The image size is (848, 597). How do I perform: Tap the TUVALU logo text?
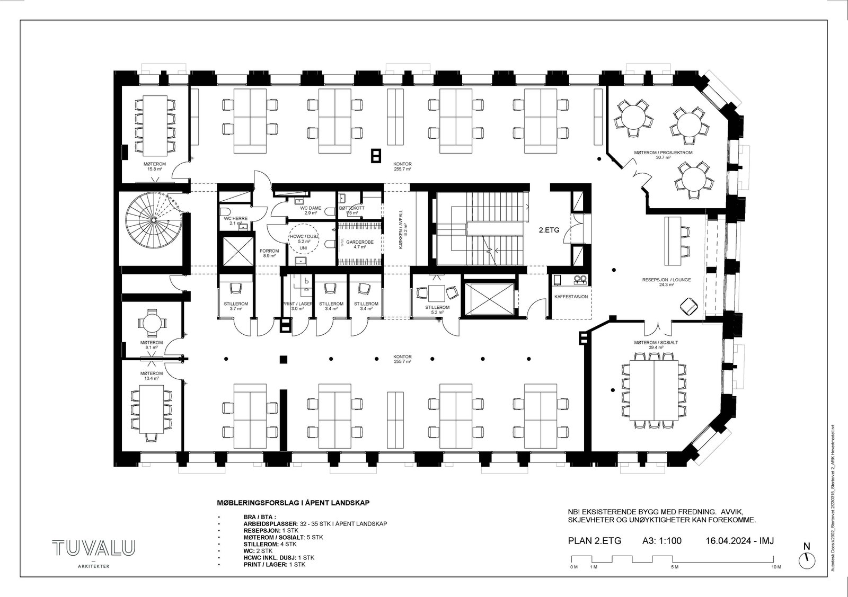click(93, 548)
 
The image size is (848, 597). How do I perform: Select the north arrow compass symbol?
click(807, 558)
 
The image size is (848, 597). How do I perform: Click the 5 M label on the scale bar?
click(674, 567)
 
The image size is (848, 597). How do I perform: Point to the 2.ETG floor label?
click(549, 230)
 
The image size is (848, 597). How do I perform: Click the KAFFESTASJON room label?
click(571, 297)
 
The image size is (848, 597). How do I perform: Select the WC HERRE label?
click(235, 218)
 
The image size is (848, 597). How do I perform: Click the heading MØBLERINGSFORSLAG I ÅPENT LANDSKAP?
click(293, 503)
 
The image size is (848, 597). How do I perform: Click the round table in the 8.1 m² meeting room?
click(152, 322)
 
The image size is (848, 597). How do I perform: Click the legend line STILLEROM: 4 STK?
click(271, 544)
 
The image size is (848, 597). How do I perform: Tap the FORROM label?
click(269, 251)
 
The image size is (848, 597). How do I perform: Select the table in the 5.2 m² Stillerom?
click(437, 293)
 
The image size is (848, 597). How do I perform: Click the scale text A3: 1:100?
click(661, 541)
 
